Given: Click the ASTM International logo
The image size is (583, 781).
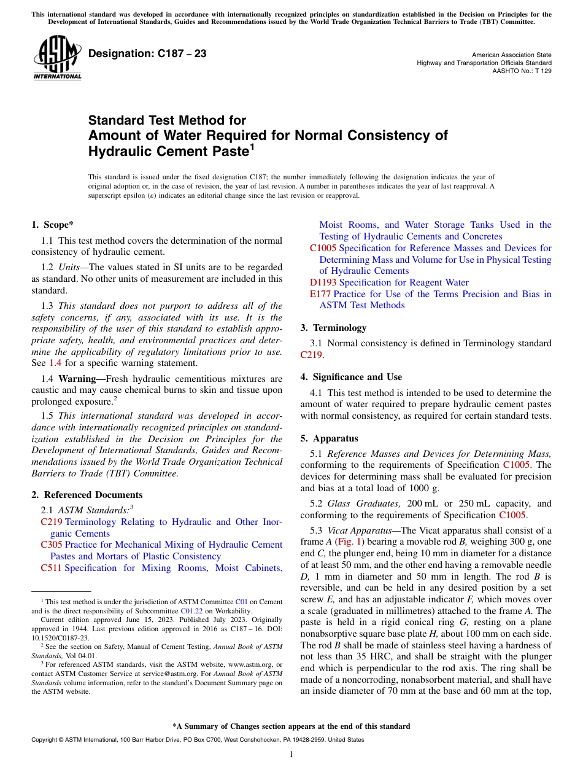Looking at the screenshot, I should tap(57, 58).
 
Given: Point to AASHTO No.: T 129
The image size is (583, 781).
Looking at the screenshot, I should tap(522, 71).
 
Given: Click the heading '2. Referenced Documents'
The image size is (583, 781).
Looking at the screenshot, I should tap(87, 494).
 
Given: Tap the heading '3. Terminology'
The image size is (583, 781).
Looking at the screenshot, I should tap(333, 327).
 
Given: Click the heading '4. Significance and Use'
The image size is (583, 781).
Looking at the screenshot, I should tap(351, 376).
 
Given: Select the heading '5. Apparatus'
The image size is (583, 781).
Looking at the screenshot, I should tap(330, 438).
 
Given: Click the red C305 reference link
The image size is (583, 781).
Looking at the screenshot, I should tap(52, 545).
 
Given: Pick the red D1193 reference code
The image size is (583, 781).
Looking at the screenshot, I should tap(323, 282).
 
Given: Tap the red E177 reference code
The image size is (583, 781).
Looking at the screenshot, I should tap(320, 294).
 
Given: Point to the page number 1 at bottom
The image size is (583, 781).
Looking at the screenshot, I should tap(291, 754).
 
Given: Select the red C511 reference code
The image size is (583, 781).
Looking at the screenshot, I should tap(51, 568).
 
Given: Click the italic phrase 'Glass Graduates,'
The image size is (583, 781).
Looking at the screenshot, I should tap(364, 503).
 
